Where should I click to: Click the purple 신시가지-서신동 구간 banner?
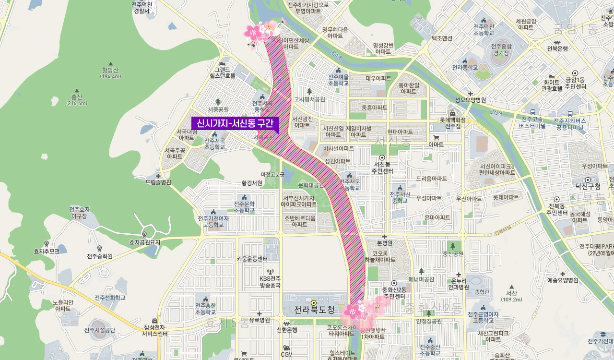[x=235, y=124]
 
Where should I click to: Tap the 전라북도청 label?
[x=314, y=310]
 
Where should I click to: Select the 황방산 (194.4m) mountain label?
[x=111, y=72]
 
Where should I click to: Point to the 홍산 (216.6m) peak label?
[x=77, y=99]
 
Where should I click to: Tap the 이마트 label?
[x=436, y=144]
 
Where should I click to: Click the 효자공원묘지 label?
[x=144, y=242]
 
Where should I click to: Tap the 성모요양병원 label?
[x=470, y=100]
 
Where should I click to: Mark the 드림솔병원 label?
[x=158, y=182]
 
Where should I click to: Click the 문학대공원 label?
[x=311, y=185]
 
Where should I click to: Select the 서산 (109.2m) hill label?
[x=511, y=296]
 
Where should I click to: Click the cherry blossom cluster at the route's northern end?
[x=263, y=31]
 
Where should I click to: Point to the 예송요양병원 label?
[x=562, y=280]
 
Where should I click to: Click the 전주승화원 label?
[x=100, y=256]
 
